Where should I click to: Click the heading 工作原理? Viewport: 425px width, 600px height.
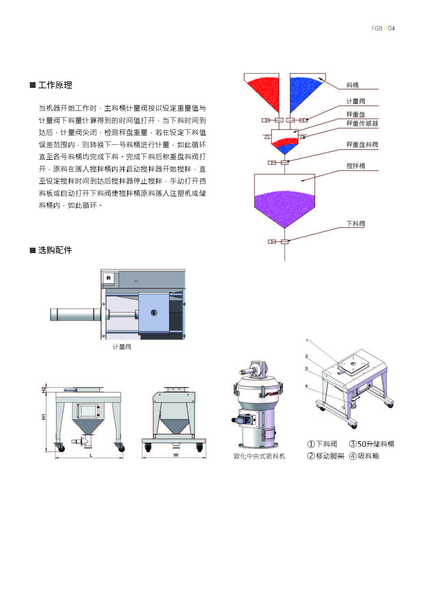tap(55, 85)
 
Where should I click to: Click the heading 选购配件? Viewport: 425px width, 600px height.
tap(55, 250)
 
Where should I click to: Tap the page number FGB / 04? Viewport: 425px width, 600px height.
tap(383, 28)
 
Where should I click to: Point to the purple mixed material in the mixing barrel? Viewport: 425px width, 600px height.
tap(284, 205)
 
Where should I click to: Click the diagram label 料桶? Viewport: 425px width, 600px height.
tap(352, 85)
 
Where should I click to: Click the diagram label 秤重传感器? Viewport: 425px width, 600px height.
tap(362, 123)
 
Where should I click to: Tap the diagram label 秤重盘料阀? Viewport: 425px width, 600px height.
tap(362, 145)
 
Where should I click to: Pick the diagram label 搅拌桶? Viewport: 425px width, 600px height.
tap(355, 166)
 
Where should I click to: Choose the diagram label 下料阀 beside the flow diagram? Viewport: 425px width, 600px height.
tap(355, 224)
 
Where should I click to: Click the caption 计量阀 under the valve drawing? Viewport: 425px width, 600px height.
tap(122, 347)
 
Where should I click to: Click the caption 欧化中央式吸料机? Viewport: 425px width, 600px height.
tap(259, 456)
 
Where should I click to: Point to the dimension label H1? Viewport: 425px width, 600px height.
tap(43, 417)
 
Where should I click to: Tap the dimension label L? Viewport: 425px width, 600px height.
tap(91, 455)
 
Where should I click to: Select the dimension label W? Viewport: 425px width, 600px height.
tap(176, 455)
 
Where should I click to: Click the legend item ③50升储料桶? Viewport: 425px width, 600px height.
tap(372, 444)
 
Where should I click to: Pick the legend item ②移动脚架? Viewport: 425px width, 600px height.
tap(326, 456)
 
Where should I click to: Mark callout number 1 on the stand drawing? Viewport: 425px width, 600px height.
tap(307, 340)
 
